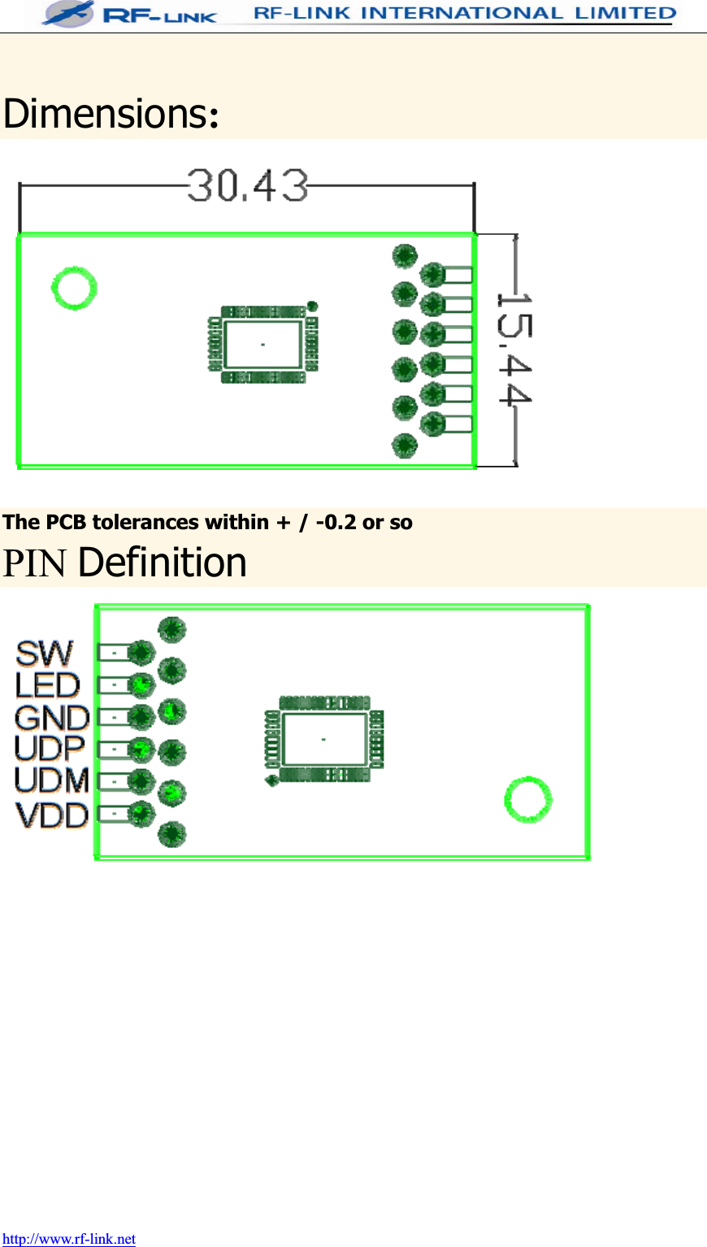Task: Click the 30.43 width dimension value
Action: (248, 185)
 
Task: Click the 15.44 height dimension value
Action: (514, 349)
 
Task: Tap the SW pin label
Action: (45, 654)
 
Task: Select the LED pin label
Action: (47, 685)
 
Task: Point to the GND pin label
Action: (51, 718)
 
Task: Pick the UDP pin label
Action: (50, 749)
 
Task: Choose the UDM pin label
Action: (51, 780)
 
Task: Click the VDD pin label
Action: (51, 815)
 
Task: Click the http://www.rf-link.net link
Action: (69, 1239)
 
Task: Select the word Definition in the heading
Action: (163, 563)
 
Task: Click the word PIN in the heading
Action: (34, 563)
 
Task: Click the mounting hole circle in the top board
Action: (74, 288)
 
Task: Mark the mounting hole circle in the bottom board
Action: (528, 800)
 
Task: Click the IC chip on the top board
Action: (262, 345)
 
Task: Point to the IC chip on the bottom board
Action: (323, 739)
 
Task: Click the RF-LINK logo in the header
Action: (130, 14)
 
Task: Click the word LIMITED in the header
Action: (626, 13)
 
